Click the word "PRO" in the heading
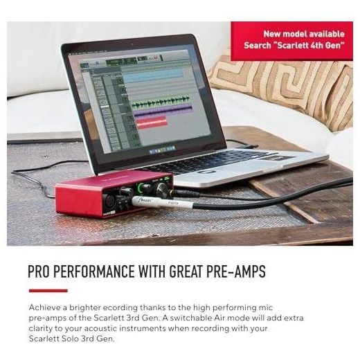(x=38, y=271)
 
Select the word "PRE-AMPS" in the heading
(x=236, y=271)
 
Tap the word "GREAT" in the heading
(x=186, y=271)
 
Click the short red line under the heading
(x=48, y=291)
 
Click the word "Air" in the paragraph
(x=219, y=318)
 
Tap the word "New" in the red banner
(x=272, y=34)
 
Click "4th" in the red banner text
(x=317, y=45)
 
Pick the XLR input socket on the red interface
(x=109, y=200)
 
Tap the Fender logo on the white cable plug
(x=142, y=199)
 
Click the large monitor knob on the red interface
(x=162, y=189)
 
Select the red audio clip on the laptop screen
(x=152, y=123)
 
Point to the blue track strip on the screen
(x=153, y=75)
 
